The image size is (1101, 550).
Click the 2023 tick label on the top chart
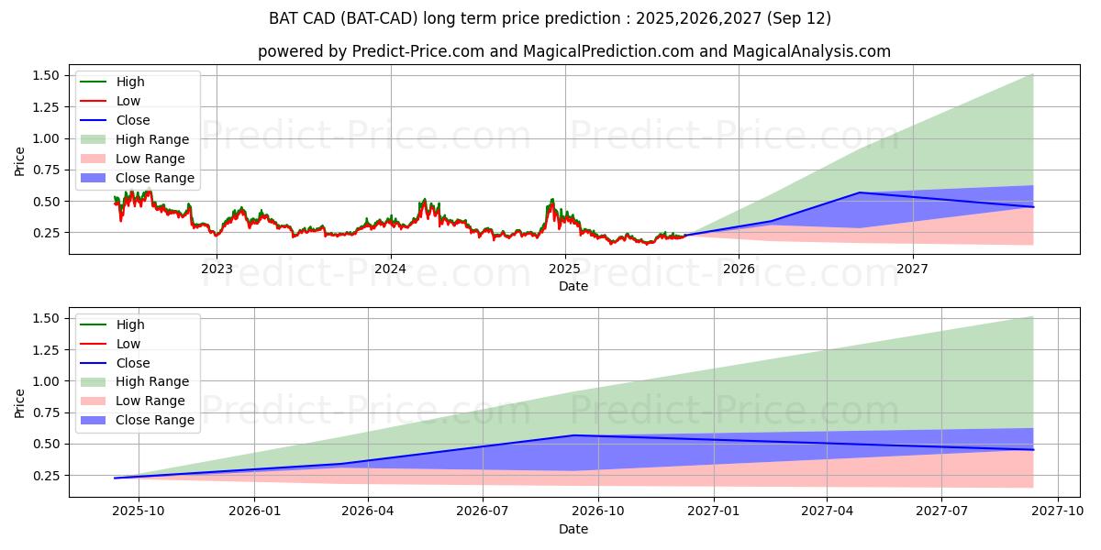coord(217,269)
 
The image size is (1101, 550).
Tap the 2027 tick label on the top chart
coord(912,269)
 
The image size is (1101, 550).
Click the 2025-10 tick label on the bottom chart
coord(139,511)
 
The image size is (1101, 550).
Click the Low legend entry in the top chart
coord(128,101)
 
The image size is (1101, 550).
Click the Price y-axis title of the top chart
coord(20,161)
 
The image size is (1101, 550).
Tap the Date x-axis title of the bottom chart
coord(573,529)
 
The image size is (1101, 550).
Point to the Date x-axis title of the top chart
coord(573,286)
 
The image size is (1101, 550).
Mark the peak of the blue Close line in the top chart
coord(860,192)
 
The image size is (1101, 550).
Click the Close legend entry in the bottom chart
coord(133,363)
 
